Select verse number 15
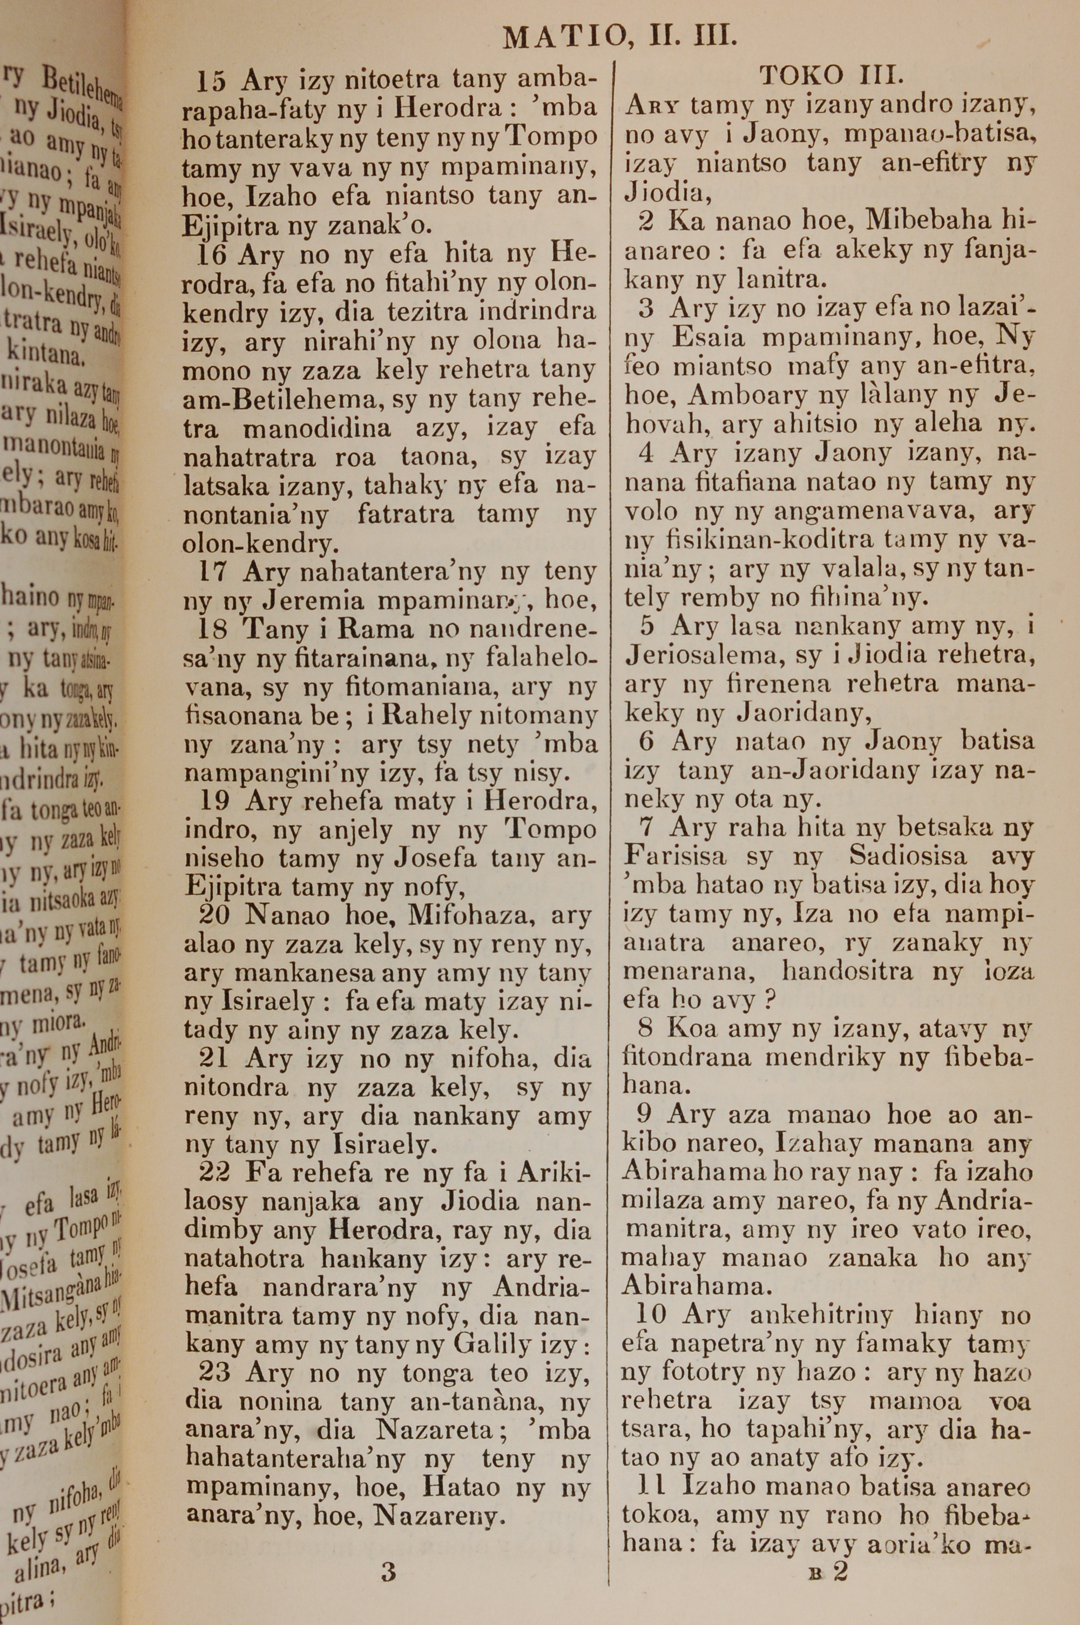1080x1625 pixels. pyautogui.click(x=211, y=81)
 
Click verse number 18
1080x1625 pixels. pyautogui.click(x=213, y=629)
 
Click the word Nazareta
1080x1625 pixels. pyautogui.click(x=435, y=1431)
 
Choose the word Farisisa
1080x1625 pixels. pyautogui.click(x=675, y=856)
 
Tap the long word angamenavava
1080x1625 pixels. pyautogui.click(x=867, y=512)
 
